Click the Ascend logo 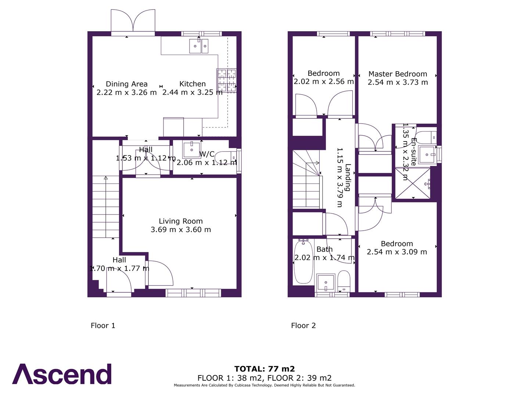pyautogui.click(x=62, y=374)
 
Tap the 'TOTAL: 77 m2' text pyautogui.click(x=264, y=369)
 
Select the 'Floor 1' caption pyautogui.click(x=103, y=326)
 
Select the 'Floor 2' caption pyautogui.click(x=303, y=326)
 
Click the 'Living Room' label pyautogui.click(x=180, y=221)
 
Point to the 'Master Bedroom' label pyautogui.click(x=397, y=74)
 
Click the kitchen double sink pyautogui.click(x=199, y=46)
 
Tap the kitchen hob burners pyautogui.click(x=226, y=80)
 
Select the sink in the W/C pyautogui.click(x=191, y=150)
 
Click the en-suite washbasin pyautogui.click(x=427, y=154)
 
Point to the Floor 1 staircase pyautogui.click(x=106, y=207)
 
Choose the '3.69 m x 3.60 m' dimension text pyautogui.click(x=180, y=230)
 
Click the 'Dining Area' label pyautogui.click(x=126, y=84)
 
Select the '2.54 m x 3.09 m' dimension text pyautogui.click(x=397, y=252)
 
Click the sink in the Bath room pyautogui.click(x=325, y=282)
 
